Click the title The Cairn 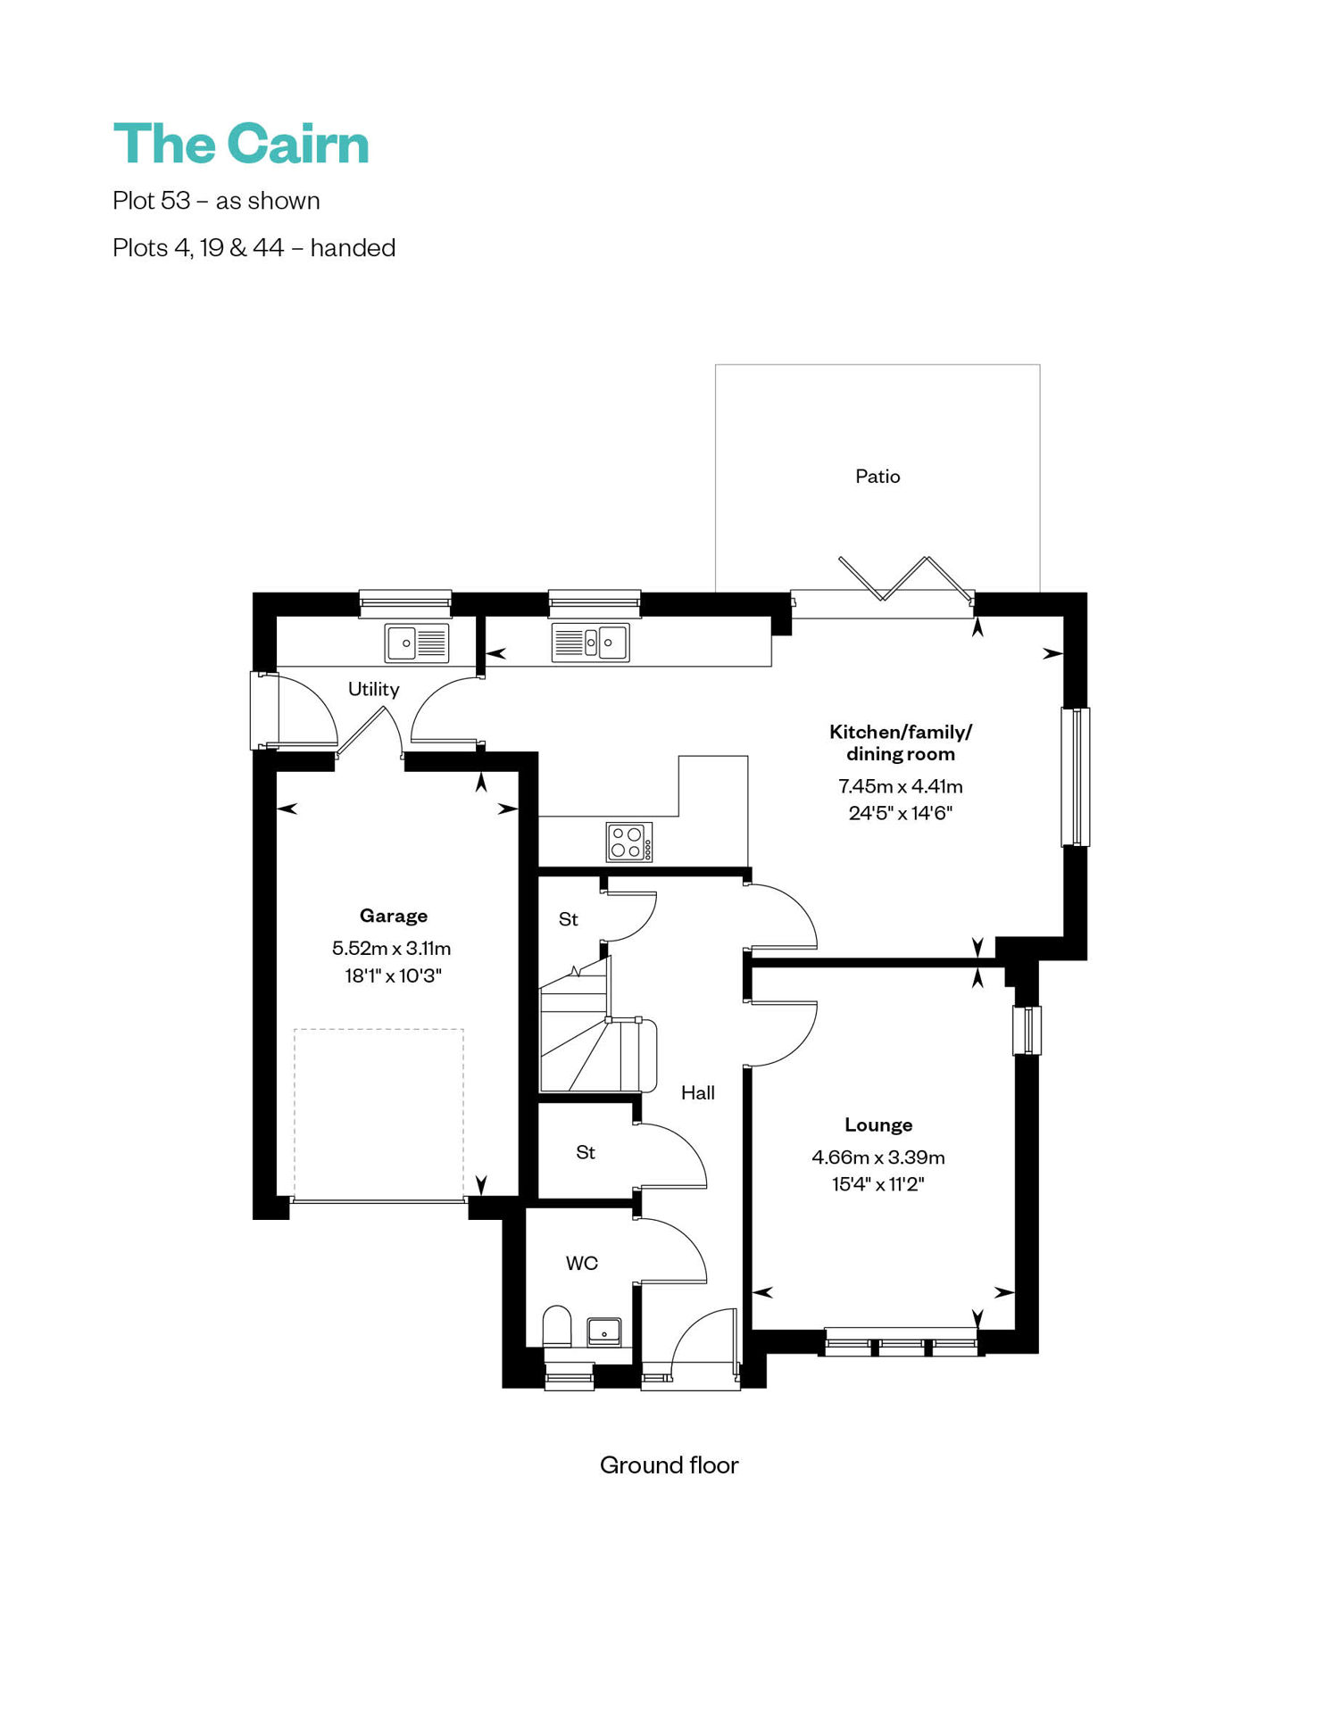(x=241, y=144)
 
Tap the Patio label (x=877, y=477)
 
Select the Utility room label (x=373, y=689)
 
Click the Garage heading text (x=393, y=916)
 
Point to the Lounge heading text (x=878, y=1124)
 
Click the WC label (x=581, y=1263)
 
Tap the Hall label (x=698, y=1092)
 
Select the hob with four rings (x=629, y=842)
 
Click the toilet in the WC (x=557, y=1327)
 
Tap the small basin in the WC (x=604, y=1332)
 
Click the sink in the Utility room (x=417, y=643)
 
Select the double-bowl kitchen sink (x=590, y=642)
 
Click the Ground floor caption (x=669, y=1464)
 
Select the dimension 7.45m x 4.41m (x=901, y=786)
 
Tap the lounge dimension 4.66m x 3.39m (x=878, y=1157)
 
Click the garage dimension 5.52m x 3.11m (x=392, y=948)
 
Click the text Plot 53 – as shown (x=216, y=201)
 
